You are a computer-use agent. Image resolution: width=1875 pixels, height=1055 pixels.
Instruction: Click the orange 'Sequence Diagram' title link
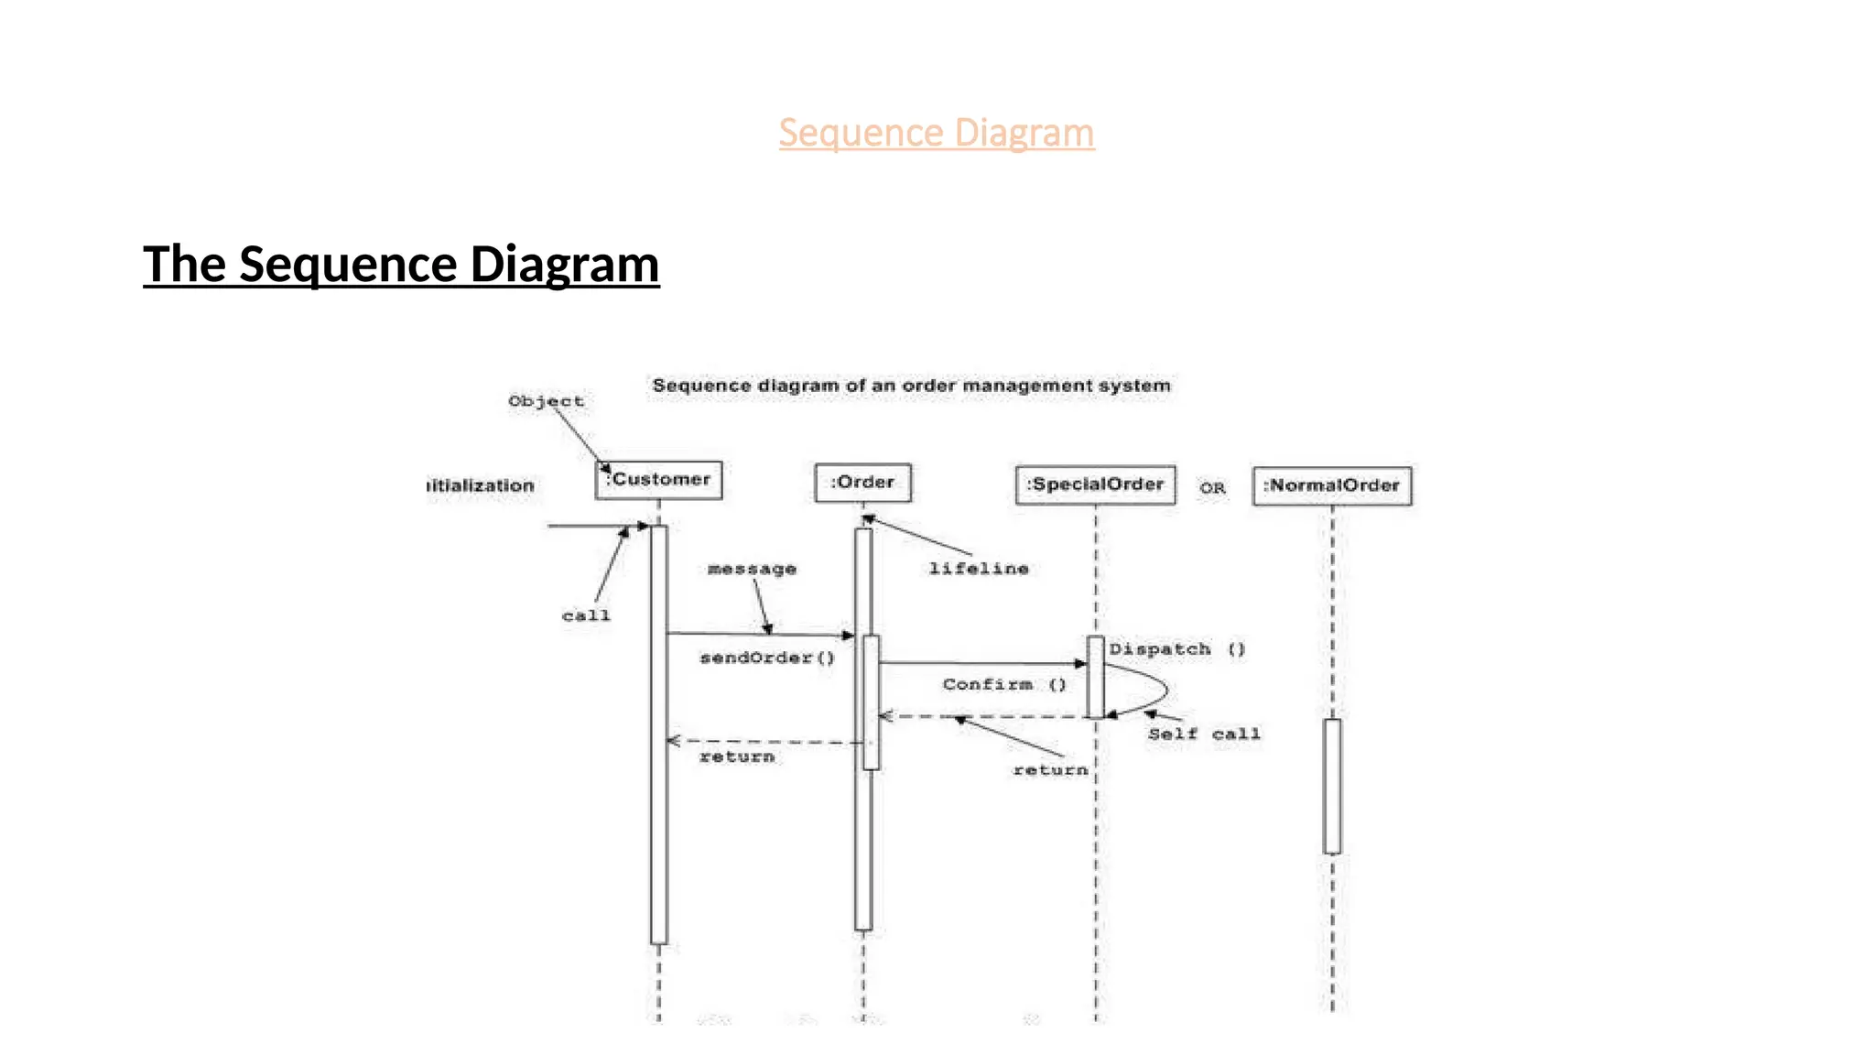click(936, 133)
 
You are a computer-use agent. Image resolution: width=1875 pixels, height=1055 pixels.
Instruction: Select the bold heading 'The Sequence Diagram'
click(401, 264)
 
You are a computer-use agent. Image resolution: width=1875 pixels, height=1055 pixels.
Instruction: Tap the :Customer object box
click(658, 480)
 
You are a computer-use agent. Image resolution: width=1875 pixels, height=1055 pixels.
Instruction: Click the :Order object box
click(862, 483)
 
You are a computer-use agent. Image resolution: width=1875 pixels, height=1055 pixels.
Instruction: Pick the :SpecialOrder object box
click(1095, 484)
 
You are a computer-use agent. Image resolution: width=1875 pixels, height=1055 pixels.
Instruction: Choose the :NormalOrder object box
click(1331, 485)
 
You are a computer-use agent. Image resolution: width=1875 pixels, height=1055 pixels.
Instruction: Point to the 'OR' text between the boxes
click(1212, 488)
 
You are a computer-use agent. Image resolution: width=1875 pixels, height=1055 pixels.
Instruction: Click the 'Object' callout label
click(546, 401)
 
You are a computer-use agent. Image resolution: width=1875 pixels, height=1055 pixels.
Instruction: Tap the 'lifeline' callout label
click(979, 569)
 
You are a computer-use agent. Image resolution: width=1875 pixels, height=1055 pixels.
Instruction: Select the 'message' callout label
click(752, 569)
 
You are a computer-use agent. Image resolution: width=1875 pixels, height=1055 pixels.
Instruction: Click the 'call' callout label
click(586, 615)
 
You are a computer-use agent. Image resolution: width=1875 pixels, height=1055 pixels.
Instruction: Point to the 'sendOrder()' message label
click(767, 658)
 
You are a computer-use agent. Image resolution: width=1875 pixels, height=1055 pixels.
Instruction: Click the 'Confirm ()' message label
click(1004, 684)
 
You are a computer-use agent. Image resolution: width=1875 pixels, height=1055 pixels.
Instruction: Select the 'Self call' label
click(1204, 734)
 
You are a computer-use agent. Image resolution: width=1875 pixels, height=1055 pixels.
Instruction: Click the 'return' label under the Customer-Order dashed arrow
click(737, 756)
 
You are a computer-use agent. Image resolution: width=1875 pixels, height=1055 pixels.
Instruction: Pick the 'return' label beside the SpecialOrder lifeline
click(1050, 770)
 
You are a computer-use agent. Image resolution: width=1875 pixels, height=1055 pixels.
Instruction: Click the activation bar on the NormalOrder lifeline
click(1332, 786)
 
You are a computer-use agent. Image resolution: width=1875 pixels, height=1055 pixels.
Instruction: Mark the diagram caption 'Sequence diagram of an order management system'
click(911, 386)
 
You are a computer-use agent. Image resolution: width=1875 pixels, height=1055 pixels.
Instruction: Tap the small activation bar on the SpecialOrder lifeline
click(1095, 677)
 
